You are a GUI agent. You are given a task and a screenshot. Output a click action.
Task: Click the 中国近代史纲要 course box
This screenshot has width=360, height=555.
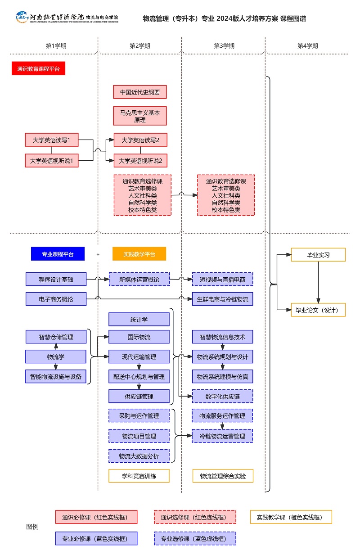click(140, 92)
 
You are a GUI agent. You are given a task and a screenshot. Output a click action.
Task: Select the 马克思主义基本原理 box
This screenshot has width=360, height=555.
click(140, 116)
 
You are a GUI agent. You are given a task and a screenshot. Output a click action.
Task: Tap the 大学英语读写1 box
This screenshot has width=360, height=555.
click(52, 140)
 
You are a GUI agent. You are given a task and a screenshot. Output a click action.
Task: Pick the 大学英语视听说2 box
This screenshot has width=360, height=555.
click(140, 160)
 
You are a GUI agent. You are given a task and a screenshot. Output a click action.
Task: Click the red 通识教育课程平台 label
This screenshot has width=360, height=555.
click(38, 68)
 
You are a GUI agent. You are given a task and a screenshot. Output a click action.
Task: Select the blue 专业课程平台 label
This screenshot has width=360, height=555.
click(57, 254)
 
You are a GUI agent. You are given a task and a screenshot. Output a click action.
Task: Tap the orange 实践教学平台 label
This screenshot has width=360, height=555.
click(139, 254)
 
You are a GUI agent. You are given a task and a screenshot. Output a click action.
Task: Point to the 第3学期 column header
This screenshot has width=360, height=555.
click(224, 46)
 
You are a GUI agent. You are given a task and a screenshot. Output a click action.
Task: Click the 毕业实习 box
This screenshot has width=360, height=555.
click(318, 255)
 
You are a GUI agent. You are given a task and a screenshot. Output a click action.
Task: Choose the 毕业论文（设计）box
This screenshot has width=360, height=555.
click(318, 310)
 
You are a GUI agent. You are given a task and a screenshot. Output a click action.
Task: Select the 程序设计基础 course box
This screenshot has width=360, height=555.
click(56, 280)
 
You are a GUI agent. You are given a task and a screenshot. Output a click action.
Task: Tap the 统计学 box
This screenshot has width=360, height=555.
click(139, 320)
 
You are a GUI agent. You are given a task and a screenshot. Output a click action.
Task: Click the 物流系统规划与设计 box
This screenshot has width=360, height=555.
click(222, 357)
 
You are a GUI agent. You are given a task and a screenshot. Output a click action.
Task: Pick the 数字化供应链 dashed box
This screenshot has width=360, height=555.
click(222, 396)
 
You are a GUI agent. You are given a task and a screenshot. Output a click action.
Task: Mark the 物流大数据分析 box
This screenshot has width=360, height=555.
click(139, 456)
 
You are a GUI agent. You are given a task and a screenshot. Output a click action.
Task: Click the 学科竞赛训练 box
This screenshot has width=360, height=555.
click(139, 476)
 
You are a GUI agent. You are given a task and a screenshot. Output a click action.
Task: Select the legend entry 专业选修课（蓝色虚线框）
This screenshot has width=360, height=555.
click(195, 538)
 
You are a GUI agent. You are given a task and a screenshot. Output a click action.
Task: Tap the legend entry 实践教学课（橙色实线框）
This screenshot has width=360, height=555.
click(291, 517)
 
